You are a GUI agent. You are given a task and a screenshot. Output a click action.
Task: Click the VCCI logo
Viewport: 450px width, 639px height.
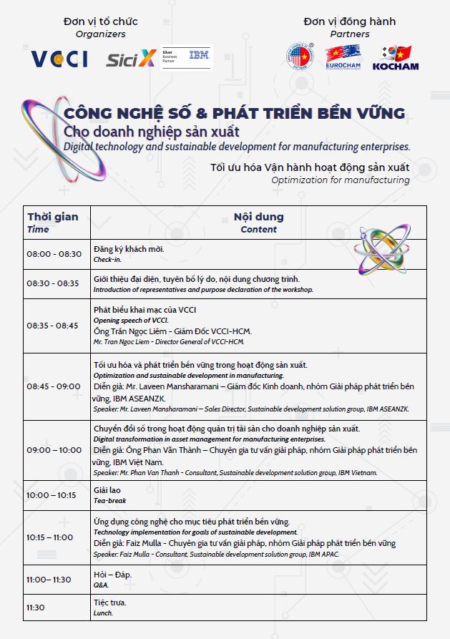tap(59, 58)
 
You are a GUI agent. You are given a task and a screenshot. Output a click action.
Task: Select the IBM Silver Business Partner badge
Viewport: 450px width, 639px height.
tap(186, 58)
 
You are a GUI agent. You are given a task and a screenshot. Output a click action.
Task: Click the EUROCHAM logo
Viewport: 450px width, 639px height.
tap(343, 57)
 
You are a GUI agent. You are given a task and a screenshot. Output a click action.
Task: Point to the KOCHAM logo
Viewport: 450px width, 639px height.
tap(395, 57)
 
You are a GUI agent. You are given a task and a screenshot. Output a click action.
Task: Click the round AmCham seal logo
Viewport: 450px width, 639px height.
tap(299, 56)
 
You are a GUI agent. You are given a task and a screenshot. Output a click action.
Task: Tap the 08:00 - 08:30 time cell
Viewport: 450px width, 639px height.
tap(54, 254)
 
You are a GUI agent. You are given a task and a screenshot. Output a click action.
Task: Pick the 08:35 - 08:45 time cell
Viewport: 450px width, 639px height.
tap(54, 325)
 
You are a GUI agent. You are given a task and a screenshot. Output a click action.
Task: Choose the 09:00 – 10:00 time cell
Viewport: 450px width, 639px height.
tap(54, 450)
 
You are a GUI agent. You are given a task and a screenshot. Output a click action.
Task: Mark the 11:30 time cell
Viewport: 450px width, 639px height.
tap(36, 607)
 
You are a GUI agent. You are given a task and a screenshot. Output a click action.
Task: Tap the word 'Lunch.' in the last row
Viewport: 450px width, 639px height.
tap(103, 613)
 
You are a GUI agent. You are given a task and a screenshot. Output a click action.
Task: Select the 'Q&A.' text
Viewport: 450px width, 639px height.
tap(101, 585)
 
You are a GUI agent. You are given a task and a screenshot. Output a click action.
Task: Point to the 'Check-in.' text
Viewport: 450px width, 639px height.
tap(107, 260)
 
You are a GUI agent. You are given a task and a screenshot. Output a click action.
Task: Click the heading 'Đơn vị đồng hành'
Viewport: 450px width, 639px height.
tap(349, 21)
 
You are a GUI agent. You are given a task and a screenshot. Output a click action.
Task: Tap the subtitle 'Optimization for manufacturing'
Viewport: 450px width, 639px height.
tap(341, 180)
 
